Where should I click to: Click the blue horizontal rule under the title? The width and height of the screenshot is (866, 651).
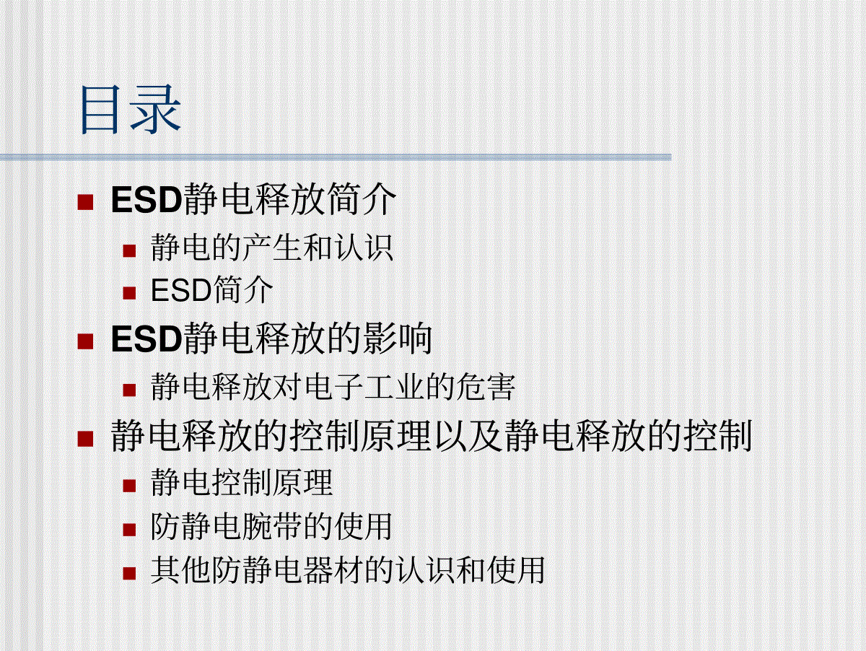[x=336, y=157]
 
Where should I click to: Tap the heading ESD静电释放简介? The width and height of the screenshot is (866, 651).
[x=253, y=199]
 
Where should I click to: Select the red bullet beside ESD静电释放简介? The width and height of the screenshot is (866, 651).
[x=85, y=201]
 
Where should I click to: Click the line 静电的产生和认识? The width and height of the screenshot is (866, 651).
[x=272, y=248]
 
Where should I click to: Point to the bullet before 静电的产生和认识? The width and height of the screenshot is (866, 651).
[x=129, y=251]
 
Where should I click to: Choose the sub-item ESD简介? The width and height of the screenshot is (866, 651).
[x=212, y=290]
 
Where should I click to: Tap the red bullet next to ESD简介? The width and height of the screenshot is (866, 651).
[x=129, y=293]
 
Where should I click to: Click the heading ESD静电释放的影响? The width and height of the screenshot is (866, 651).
[x=271, y=338]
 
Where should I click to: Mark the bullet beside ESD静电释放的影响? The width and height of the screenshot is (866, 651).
[x=85, y=341]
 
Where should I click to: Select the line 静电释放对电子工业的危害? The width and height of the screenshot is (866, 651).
[x=333, y=387]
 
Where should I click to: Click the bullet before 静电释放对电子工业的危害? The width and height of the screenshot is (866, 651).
[x=129, y=390]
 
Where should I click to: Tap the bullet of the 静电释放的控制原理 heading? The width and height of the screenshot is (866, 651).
[x=85, y=439]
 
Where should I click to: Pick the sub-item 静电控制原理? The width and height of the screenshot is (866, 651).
[x=242, y=483]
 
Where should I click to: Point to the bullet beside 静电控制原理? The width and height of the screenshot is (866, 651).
[x=129, y=486]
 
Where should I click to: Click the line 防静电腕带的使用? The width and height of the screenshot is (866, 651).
[x=271, y=526]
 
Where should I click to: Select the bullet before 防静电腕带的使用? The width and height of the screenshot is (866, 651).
[x=129, y=530]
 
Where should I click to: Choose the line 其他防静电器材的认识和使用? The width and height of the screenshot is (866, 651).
[x=348, y=569]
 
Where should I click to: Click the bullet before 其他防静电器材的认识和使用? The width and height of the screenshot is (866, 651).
[x=129, y=573]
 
